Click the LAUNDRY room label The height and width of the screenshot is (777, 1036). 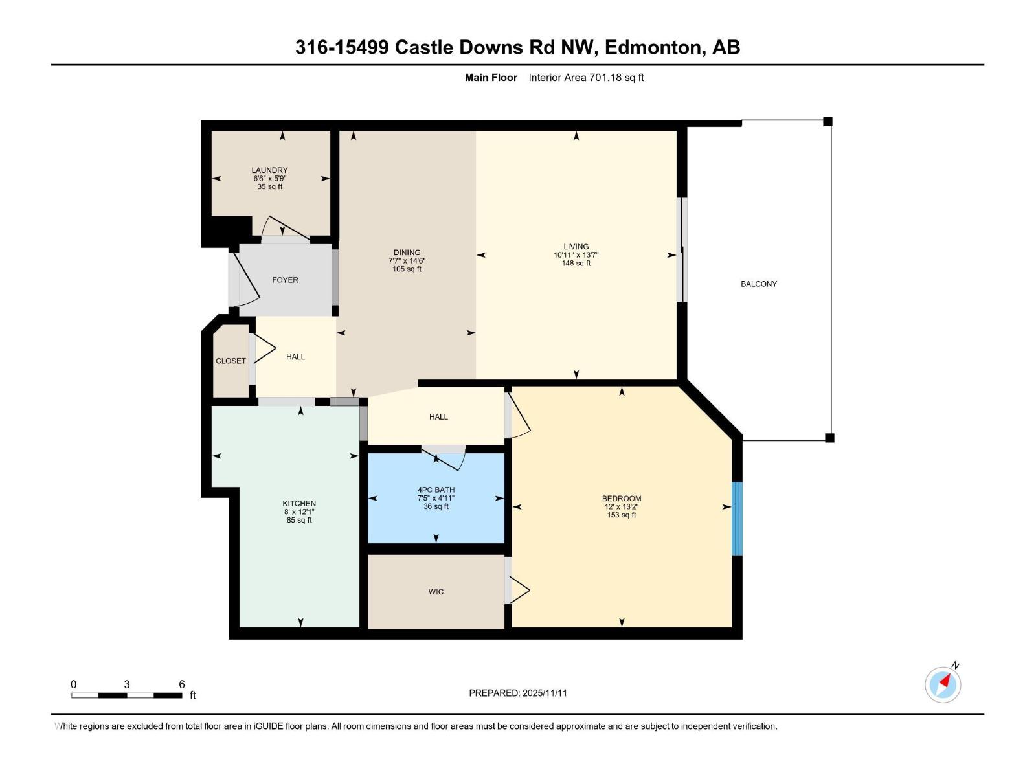coord(269,170)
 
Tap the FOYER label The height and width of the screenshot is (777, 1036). coord(285,280)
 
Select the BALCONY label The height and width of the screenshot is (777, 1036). coord(759,284)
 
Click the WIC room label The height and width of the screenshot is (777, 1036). coord(436,592)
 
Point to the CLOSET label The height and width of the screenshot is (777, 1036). coord(231,361)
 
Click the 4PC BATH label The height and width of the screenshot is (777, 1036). coord(436,490)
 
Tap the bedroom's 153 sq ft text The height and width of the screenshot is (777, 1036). coord(622,515)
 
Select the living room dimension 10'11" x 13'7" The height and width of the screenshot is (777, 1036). coord(576,255)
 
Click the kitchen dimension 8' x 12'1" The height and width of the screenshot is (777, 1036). coord(299,512)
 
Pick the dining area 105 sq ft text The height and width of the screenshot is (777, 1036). coord(407,269)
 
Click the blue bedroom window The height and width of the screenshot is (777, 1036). coord(737,518)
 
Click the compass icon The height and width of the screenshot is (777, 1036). coord(943,684)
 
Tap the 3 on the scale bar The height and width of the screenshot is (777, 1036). coord(127,684)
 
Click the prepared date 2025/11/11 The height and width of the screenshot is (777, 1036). coord(545,693)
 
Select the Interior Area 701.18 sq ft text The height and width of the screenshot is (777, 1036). coord(586,78)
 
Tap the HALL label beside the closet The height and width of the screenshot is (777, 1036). coord(295,357)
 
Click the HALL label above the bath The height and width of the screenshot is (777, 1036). coord(438,417)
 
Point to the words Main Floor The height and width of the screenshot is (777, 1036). coord(491,78)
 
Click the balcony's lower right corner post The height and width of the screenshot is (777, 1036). coord(829,438)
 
